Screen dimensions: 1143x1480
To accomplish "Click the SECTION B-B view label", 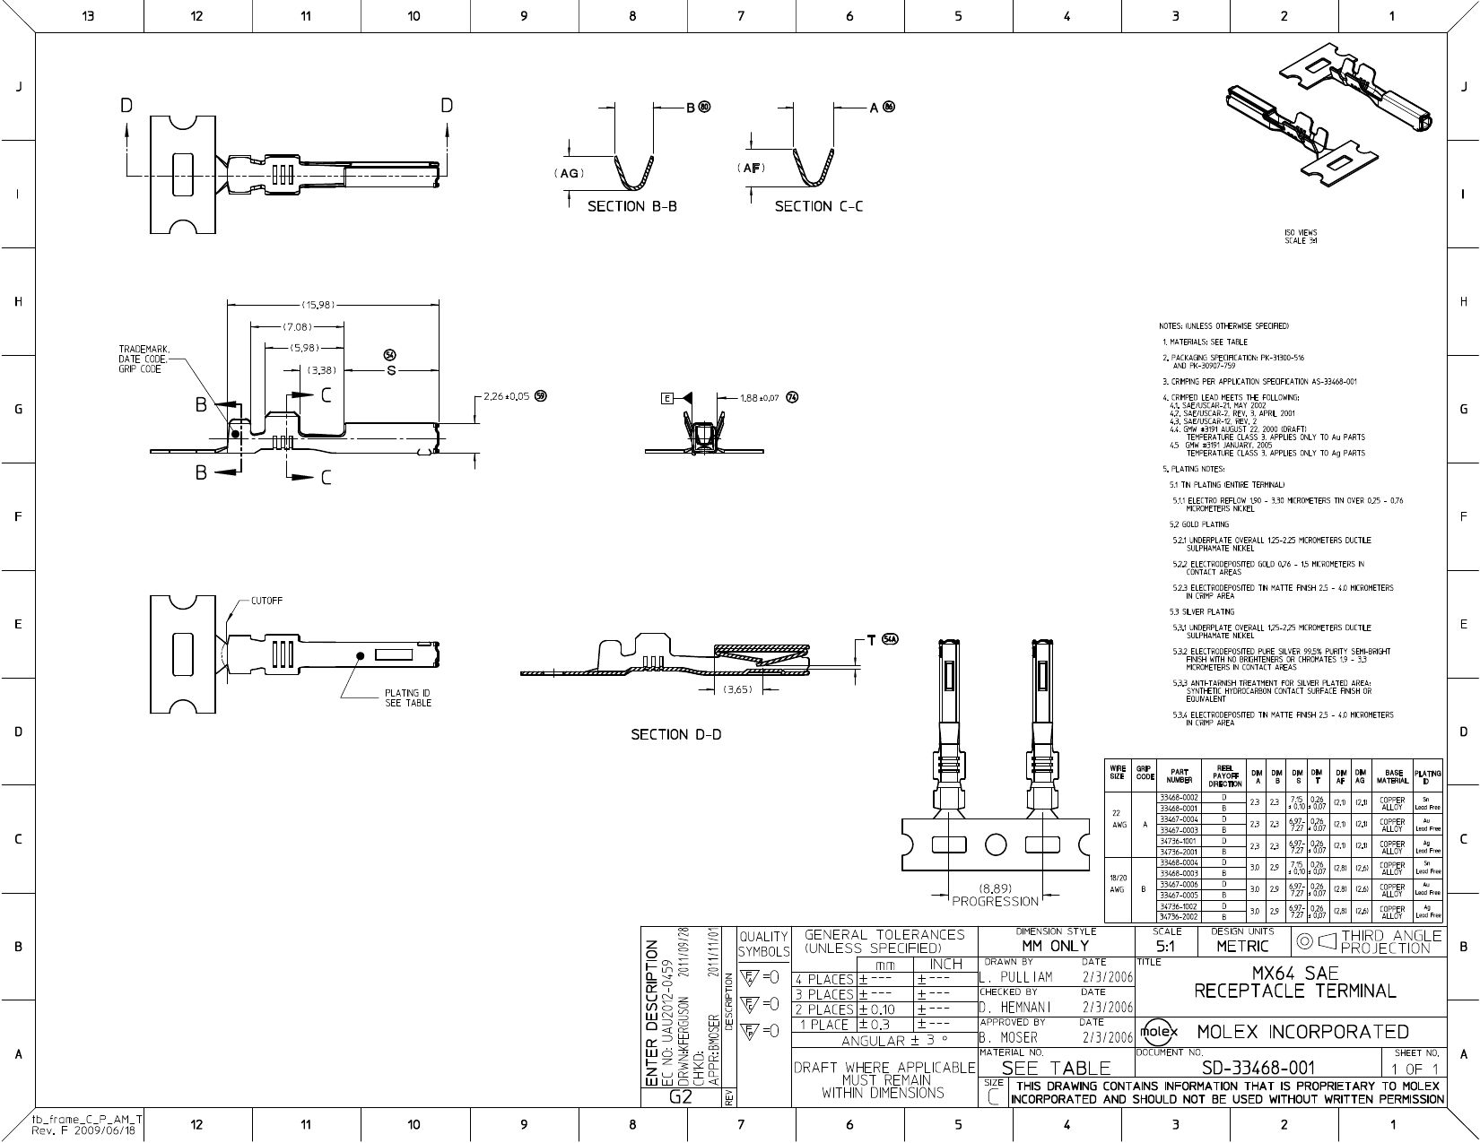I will coord(631,206).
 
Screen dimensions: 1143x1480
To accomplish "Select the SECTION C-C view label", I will coord(819,206).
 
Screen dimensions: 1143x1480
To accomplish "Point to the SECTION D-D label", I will coord(675,735).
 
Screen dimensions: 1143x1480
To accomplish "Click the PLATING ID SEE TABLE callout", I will coord(408,697).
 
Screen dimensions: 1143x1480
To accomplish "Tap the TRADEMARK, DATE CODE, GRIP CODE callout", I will coord(144,359).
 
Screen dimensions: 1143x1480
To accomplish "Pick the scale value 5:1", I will coord(1165,946).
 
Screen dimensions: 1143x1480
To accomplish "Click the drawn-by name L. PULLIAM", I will coord(1015,977).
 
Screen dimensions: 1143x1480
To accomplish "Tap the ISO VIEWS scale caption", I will coord(1300,237).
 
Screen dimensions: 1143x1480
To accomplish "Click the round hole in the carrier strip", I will coord(997,844).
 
